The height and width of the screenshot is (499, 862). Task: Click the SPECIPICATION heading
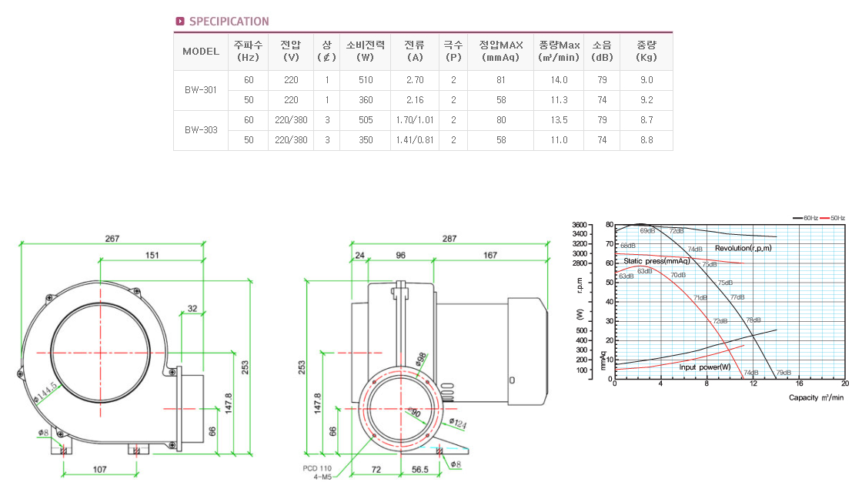229,22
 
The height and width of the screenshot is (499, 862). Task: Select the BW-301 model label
200,90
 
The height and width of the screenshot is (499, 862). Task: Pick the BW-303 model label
200,130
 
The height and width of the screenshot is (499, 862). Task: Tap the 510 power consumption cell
366,80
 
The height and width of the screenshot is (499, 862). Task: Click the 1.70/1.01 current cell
414,120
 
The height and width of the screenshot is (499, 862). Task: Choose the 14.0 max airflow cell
559,80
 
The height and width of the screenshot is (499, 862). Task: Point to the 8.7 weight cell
646,120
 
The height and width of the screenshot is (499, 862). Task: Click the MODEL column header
201,52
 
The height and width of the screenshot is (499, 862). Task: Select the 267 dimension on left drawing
112,239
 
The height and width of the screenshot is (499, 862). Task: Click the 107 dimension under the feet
99,468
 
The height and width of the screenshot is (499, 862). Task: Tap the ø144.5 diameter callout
45,392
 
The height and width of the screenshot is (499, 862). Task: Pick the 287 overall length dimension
449,239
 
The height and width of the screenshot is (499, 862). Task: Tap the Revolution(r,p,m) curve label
743,248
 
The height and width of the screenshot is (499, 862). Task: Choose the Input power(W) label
704,367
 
